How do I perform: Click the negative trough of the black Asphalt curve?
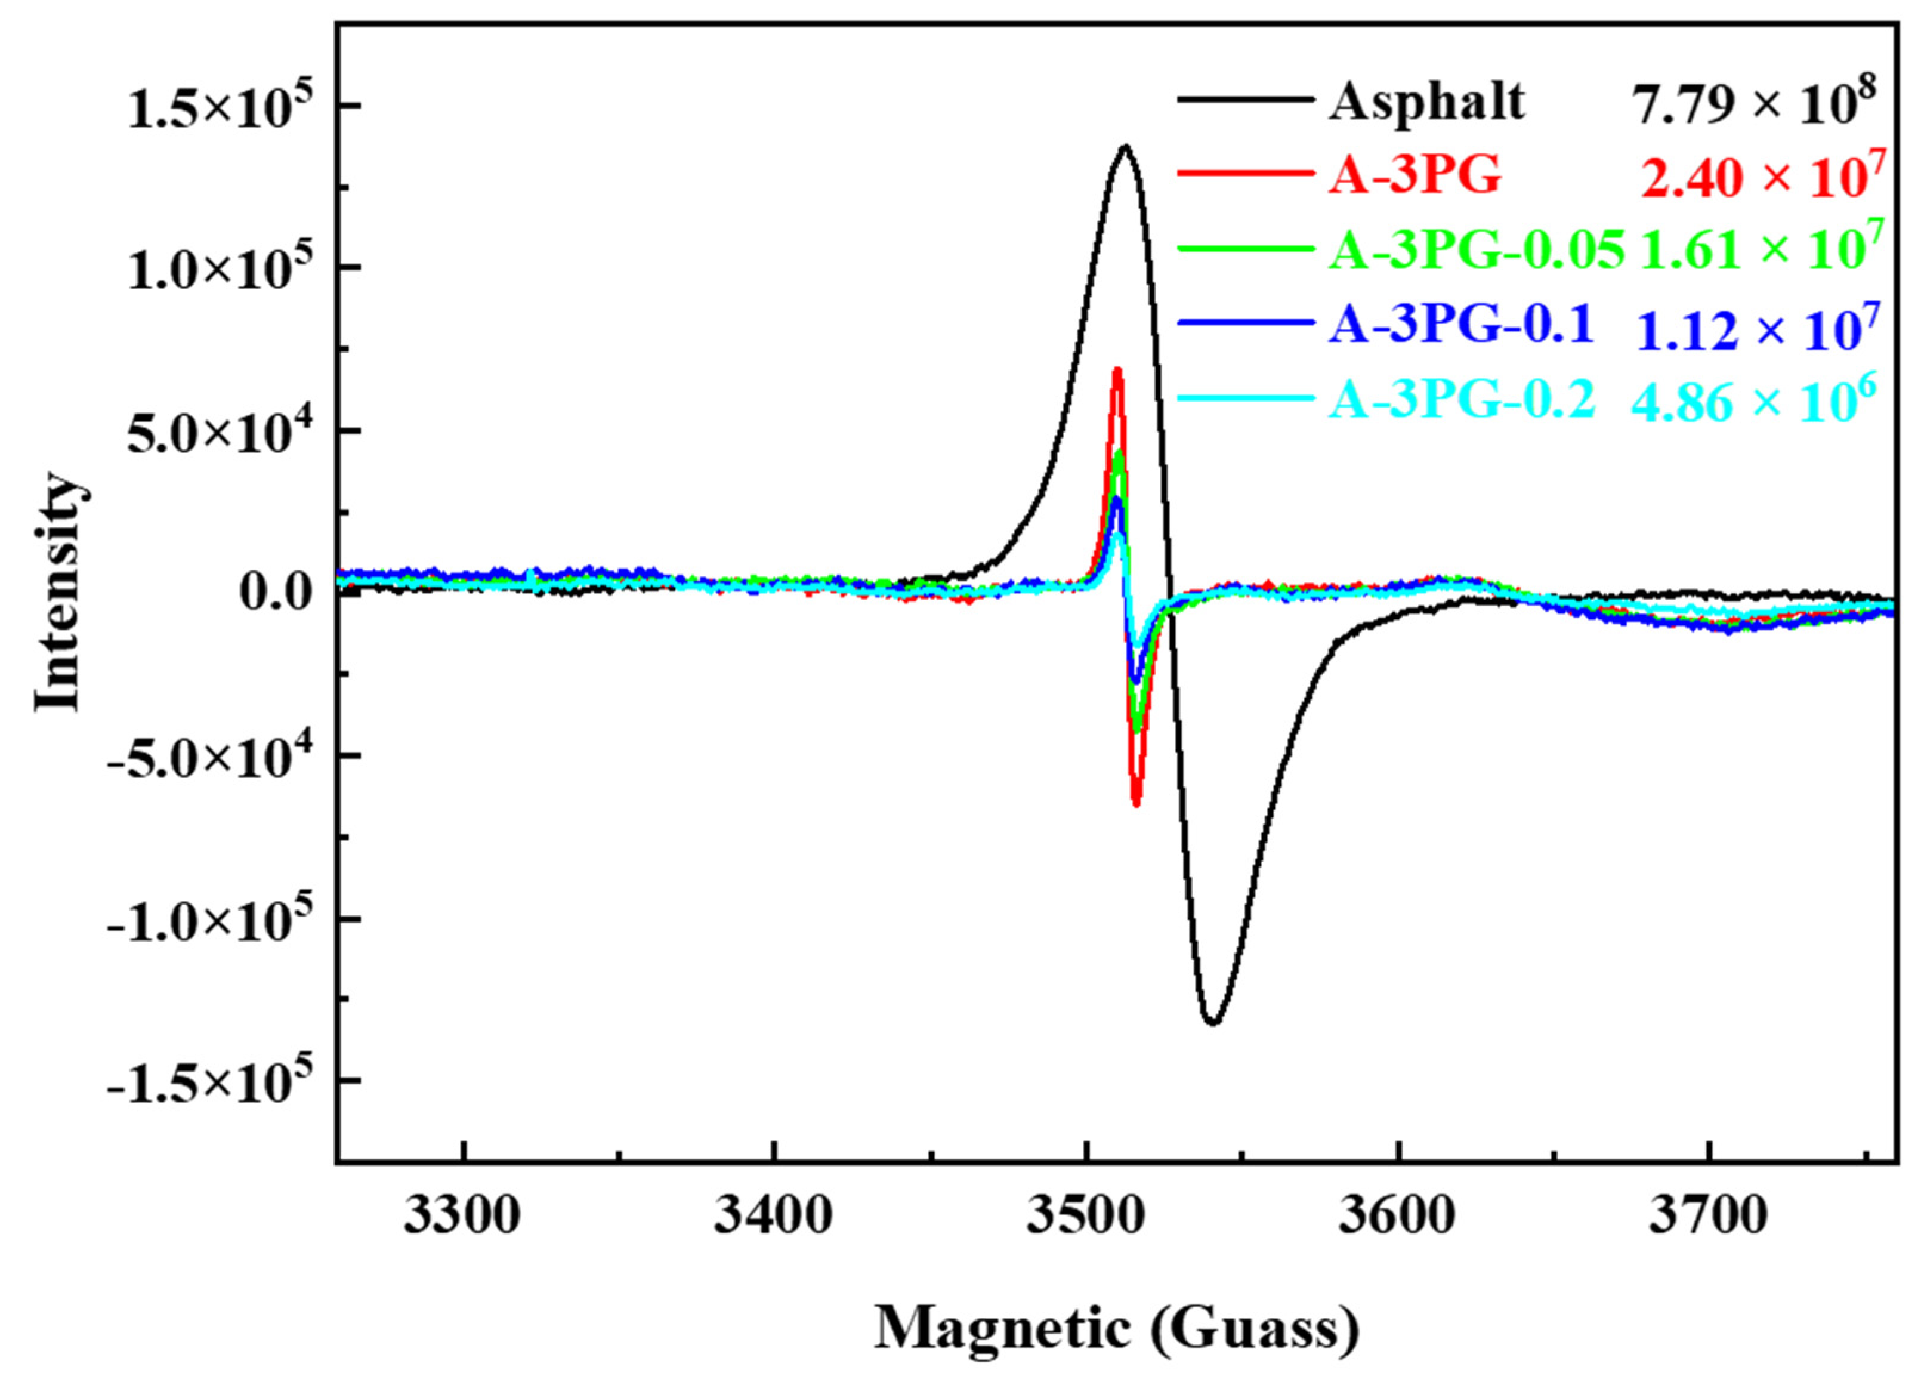pyautogui.click(x=1214, y=1022)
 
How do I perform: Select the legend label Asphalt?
pyautogui.click(x=1426, y=103)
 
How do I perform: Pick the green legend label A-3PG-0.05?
pyautogui.click(x=1475, y=250)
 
